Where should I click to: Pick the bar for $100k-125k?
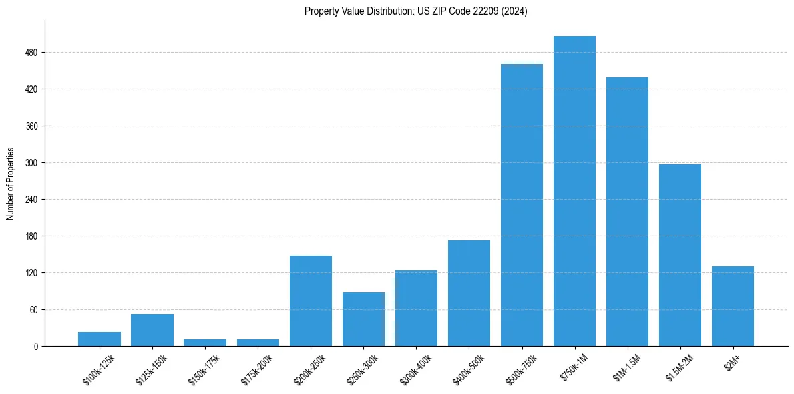pyautogui.click(x=100, y=339)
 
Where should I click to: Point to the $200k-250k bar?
pyautogui.click(x=311, y=301)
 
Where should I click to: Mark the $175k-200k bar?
pyautogui.click(x=258, y=342)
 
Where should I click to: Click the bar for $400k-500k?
pyautogui.click(x=469, y=293)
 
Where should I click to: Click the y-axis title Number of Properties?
pyautogui.click(x=10, y=183)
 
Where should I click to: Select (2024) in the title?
pyautogui.click(x=516, y=11)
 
